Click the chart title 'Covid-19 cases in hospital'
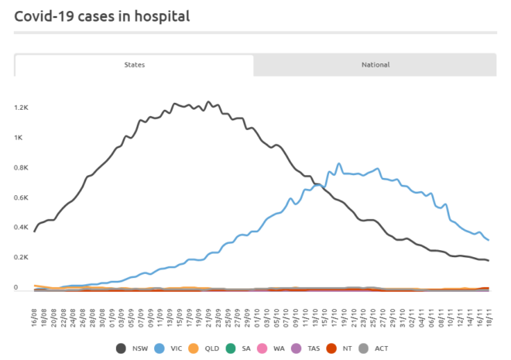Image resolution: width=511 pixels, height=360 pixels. click(x=101, y=15)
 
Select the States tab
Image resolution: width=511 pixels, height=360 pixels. click(x=134, y=65)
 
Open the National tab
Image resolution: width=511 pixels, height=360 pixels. click(x=376, y=65)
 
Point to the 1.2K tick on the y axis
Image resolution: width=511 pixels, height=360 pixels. click(x=20, y=108)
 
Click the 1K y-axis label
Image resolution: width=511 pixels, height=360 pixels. click(x=19, y=138)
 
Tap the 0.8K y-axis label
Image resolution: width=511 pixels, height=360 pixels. click(x=20, y=168)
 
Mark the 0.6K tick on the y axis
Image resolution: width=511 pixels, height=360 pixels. click(x=20, y=198)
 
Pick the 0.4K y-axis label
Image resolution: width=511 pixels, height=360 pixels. click(x=20, y=228)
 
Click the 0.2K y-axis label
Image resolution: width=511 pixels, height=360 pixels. click(x=20, y=258)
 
